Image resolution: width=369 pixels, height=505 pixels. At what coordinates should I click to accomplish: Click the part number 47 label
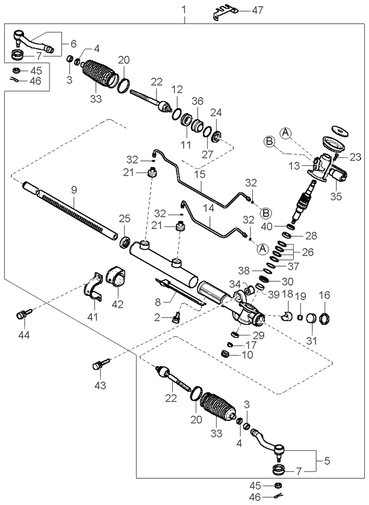pyautogui.click(x=258, y=10)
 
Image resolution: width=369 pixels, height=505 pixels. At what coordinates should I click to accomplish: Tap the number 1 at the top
pyautogui.click(x=184, y=10)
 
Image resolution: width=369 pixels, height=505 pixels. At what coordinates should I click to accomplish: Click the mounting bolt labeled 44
pyautogui.click(x=24, y=314)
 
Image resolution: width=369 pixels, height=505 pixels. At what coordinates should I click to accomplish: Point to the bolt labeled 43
pyautogui.click(x=101, y=364)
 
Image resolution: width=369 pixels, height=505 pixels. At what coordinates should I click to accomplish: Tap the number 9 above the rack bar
pyautogui.click(x=74, y=190)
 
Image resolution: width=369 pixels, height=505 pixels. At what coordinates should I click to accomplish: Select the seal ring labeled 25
pyautogui.click(x=125, y=242)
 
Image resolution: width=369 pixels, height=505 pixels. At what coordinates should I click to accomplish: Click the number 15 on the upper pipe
pyautogui.click(x=200, y=174)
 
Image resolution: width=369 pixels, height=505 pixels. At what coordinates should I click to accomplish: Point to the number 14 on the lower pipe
pyautogui.click(x=209, y=208)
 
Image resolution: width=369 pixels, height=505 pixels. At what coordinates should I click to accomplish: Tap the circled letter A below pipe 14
pyautogui.click(x=263, y=249)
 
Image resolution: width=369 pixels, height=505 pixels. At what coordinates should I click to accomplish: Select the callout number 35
pyautogui.click(x=336, y=196)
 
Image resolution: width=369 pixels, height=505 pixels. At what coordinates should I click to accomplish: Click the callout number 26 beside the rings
pyautogui.click(x=308, y=252)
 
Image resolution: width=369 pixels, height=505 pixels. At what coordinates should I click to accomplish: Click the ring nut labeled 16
pyautogui.click(x=324, y=319)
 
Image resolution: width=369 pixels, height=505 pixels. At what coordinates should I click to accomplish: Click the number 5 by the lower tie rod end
pyautogui.click(x=327, y=461)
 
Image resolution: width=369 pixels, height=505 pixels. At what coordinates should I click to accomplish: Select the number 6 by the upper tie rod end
pyautogui.click(x=73, y=44)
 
